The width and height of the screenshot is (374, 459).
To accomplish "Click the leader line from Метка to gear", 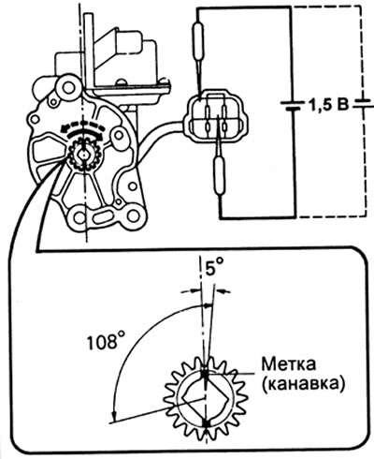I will [234, 375].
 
